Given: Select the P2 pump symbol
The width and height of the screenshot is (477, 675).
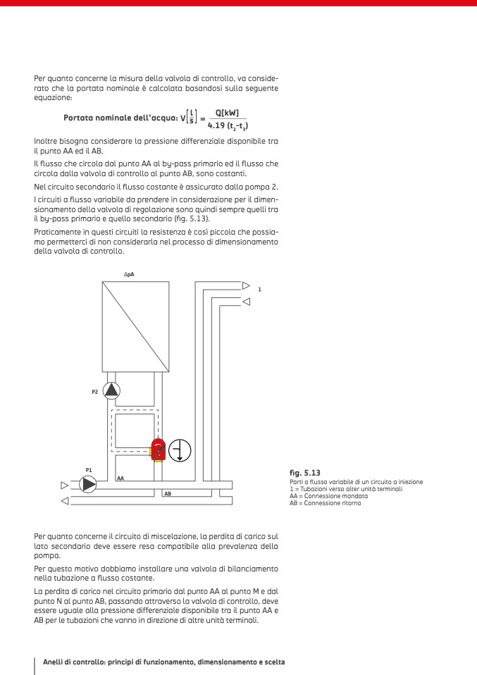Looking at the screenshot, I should tap(112, 390).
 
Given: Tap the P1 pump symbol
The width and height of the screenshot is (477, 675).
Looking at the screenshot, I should tap(89, 484).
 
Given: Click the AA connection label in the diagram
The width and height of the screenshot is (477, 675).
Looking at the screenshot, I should tap(121, 478).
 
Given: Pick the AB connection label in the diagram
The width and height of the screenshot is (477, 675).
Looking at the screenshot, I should tap(167, 494).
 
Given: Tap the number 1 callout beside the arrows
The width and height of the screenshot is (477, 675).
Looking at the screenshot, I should tap(259, 289).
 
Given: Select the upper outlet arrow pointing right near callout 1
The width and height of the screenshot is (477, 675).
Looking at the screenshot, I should tap(246, 285).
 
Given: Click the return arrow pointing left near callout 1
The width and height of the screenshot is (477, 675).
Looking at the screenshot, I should tap(246, 302).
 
